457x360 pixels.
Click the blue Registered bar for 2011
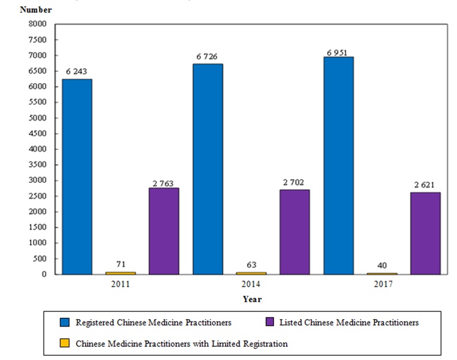click(x=77, y=177)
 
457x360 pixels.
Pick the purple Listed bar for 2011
click(x=164, y=231)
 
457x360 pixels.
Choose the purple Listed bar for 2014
click(x=294, y=232)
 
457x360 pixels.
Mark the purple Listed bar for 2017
click(x=425, y=233)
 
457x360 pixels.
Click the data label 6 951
click(x=338, y=52)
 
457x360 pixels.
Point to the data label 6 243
click(x=77, y=72)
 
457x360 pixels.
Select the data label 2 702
click(x=294, y=182)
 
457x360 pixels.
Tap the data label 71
click(x=120, y=264)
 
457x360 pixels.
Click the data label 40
click(x=381, y=265)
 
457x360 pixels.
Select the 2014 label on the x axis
click(x=251, y=285)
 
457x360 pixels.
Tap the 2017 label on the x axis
click(x=381, y=285)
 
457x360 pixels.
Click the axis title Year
click(x=252, y=299)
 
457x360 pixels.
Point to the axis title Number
click(x=36, y=10)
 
